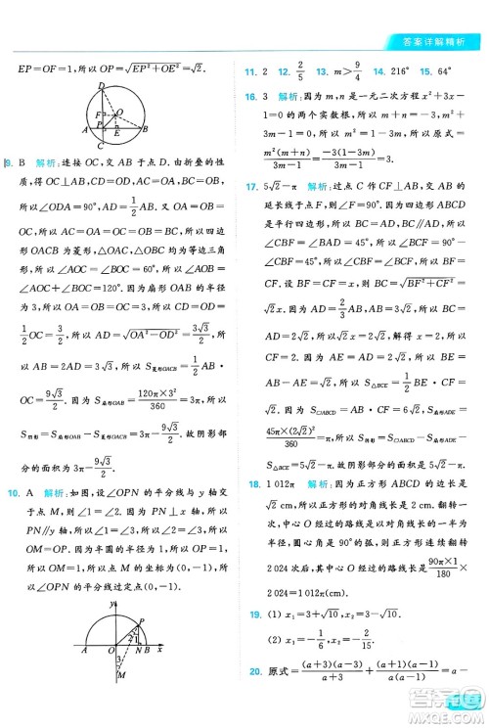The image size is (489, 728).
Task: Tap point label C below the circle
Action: point(100,147)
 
